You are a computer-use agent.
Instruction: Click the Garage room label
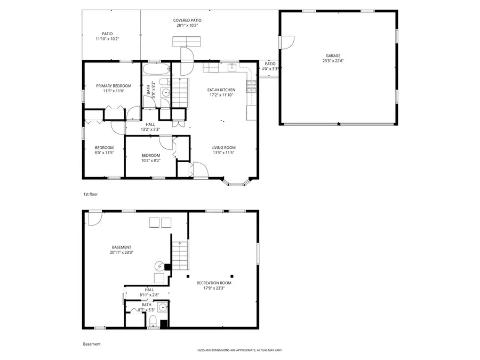[333, 56]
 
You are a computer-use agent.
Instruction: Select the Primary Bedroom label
[114, 86]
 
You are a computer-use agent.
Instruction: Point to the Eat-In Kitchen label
[221, 90]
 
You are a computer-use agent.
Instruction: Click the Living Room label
[223, 148]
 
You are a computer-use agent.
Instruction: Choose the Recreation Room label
[214, 283]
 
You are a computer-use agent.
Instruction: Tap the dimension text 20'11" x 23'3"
[122, 252]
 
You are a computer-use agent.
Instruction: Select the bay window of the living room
[235, 182]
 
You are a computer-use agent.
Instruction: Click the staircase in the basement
[180, 254]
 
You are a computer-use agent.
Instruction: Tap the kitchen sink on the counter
[233, 67]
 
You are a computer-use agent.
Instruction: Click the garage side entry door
[287, 41]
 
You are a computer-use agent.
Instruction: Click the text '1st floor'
[90, 195]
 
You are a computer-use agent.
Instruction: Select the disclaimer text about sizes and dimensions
[239, 350]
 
